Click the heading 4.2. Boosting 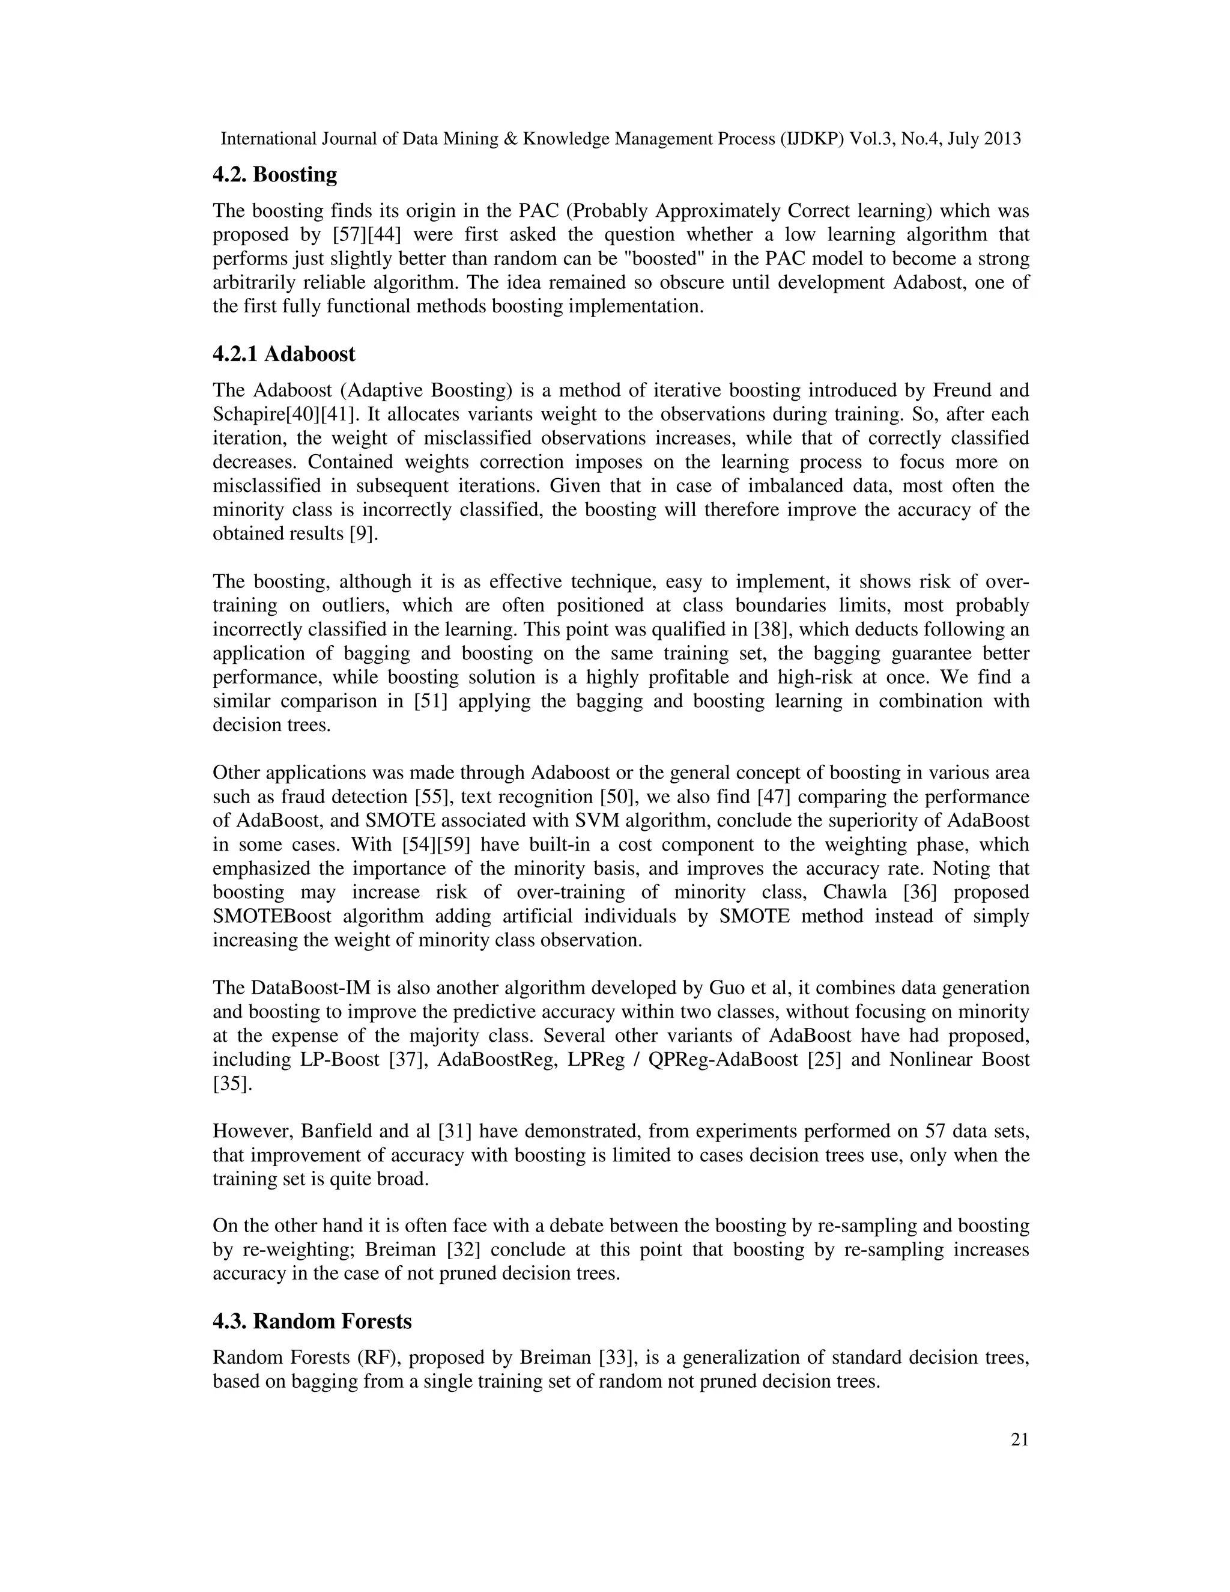coord(274,175)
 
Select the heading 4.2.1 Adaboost coord(283,354)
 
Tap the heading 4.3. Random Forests coord(312,1322)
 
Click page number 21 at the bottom coord(1019,1439)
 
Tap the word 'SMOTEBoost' coord(272,916)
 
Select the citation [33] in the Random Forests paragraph coord(616,1358)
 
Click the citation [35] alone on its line coord(232,1084)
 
